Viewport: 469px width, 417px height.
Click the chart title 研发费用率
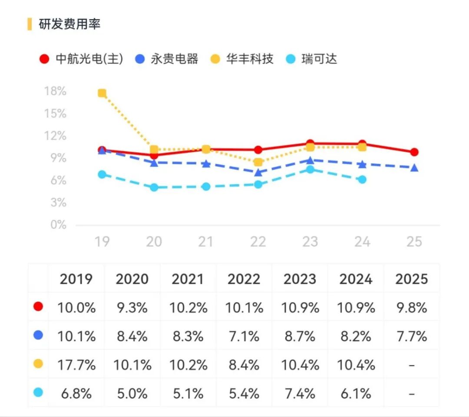coord(69,24)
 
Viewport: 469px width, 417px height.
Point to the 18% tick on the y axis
coord(55,91)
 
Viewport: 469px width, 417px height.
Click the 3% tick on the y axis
coord(55,202)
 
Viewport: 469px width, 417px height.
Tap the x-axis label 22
coord(258,241)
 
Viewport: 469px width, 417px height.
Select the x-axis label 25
coord(414,241)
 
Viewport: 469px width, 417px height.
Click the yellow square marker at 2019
coord(102,93)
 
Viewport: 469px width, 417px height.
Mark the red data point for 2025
coord(414,152)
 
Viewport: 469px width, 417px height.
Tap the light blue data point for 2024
coord(362,179)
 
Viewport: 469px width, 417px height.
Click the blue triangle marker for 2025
coord(414,168)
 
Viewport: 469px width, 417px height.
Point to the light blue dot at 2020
coord(154,188)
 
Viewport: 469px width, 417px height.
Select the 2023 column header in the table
coord(300,279)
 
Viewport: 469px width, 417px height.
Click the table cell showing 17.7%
coord(76,365)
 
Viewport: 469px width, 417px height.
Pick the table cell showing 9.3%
coord(132,308)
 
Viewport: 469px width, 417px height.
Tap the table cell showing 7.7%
coord(412,336)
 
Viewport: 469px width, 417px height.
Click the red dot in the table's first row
coord(38,307)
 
